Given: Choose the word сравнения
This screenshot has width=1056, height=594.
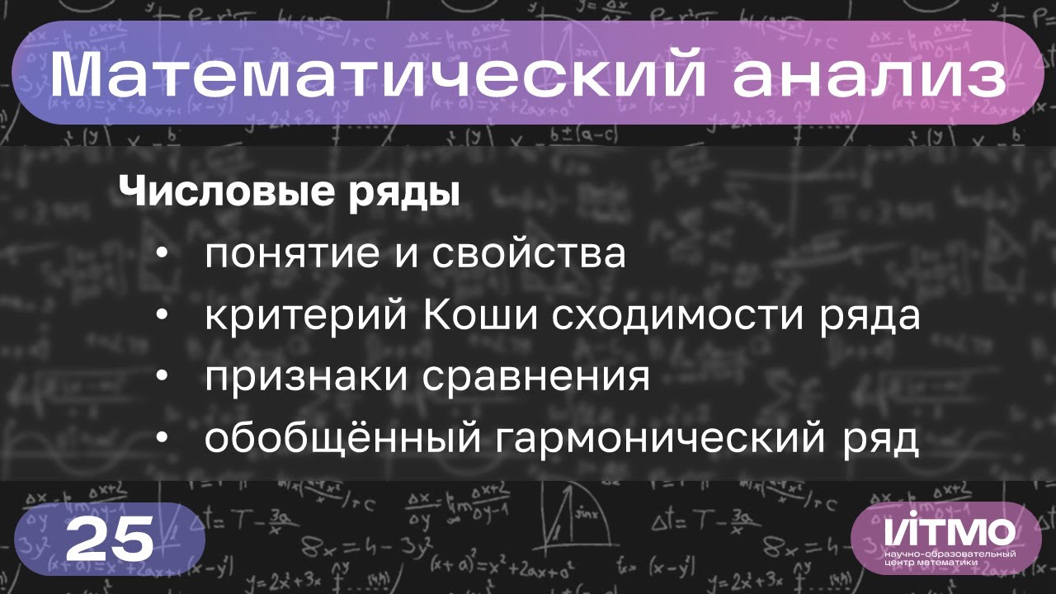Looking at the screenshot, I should [x=537, y=379].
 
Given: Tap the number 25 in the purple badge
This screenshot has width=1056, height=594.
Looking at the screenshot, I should [x=110, y=541].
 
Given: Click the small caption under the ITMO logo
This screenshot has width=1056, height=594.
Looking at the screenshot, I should [x=950, y=557].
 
